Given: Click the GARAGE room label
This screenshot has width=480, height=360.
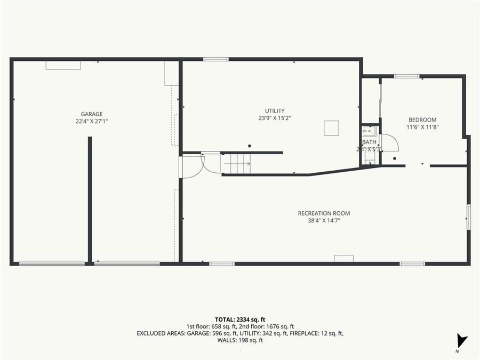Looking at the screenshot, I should tap(92, 114).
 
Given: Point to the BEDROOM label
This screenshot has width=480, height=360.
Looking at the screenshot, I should tap(422, 119).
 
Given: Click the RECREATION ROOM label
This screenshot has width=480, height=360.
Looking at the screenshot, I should tap(324, 213).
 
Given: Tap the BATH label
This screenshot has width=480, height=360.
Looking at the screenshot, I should tap(369, 142).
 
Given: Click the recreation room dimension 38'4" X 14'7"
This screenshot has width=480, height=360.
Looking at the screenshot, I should tap(324, 220).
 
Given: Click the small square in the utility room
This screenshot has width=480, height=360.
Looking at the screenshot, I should tap(331, 128).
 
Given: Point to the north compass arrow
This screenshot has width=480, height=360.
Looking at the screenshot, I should tap(461, 340).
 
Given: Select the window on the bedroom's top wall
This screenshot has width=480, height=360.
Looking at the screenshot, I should tap(406, 76).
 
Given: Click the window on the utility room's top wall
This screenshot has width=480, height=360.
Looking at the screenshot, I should tap(216, 59).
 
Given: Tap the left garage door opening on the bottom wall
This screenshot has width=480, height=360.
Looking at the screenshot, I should tap(52, 263).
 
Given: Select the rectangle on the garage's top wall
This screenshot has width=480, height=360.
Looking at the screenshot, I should tap(63, 65).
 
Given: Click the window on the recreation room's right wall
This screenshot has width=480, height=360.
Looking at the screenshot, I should tap(468, 217).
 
